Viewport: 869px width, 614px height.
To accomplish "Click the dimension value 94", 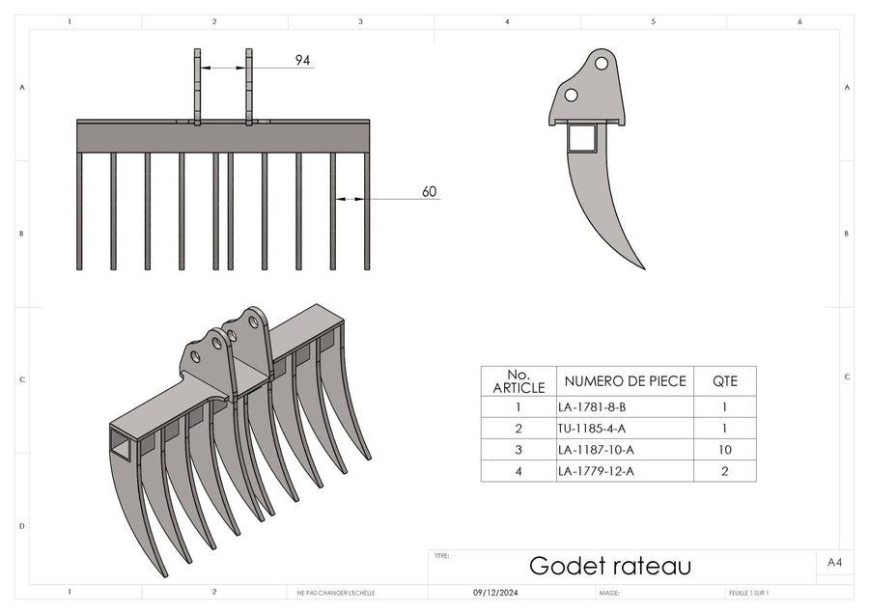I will point(302,61).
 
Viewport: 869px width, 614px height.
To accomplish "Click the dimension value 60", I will point(430,192).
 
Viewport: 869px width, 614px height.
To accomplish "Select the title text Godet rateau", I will point(610,566).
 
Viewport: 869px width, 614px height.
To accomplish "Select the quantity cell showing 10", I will point(724,450).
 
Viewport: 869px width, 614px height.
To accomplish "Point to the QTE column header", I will point(724,380).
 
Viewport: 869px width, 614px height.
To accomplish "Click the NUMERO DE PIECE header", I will point(625,380).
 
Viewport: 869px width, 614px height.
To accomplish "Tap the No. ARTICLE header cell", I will point(519,380).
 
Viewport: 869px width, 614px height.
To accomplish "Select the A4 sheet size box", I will point(835,561).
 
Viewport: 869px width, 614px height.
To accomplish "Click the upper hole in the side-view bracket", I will point(602,63).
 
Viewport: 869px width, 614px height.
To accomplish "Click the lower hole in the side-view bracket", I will point(571,95).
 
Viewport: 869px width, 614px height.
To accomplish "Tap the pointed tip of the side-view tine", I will point(642,267).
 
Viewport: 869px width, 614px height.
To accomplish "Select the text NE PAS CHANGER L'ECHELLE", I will point(336,593).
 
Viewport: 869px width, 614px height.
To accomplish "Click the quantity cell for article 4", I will point(724,471).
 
